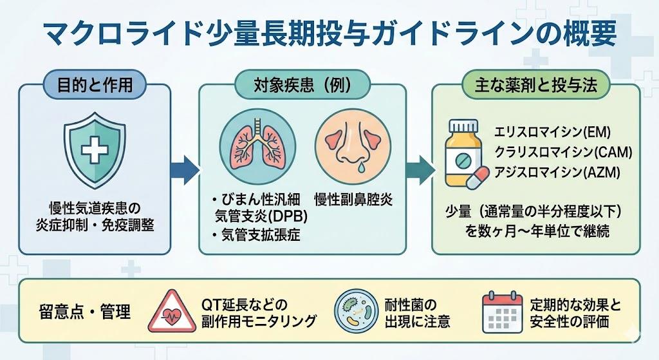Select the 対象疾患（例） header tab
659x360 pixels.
click(302, 84)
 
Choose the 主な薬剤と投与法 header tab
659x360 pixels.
click(535, 84)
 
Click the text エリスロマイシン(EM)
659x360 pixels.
click(552, 133)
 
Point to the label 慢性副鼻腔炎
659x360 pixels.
click(353, 200)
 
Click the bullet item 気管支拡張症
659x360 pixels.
click(260, 236)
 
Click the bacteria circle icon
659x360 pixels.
click(355, 312)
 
